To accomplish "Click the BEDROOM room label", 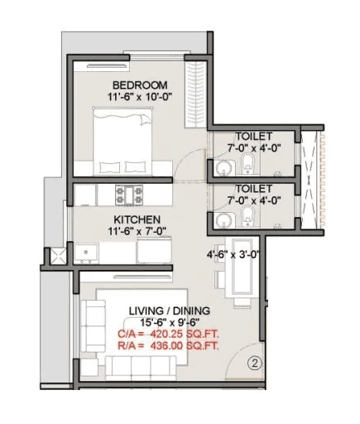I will coord(140,84).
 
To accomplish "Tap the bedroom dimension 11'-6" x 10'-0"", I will coord(140,98).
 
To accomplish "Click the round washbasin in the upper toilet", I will coord(220,166).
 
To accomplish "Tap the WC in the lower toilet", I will coord(246,218).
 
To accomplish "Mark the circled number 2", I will coord(256,362).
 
